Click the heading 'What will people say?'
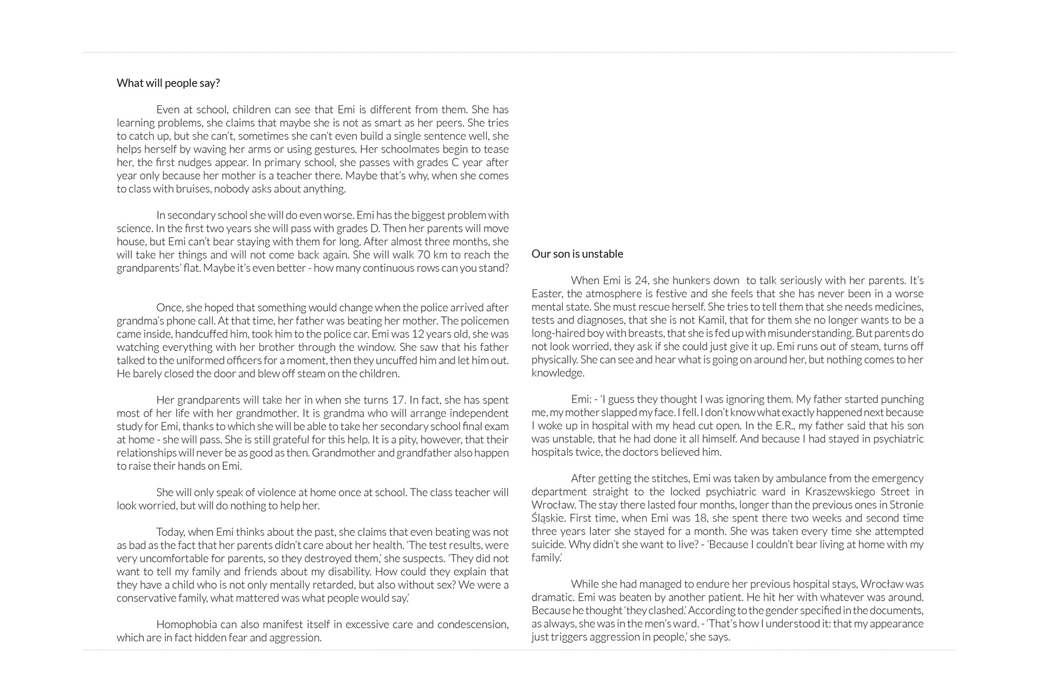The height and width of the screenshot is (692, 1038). (x=168, y=83)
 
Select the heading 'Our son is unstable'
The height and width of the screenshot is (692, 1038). (x=577, y=254)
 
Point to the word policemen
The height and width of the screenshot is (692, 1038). (x=484, y=321)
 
